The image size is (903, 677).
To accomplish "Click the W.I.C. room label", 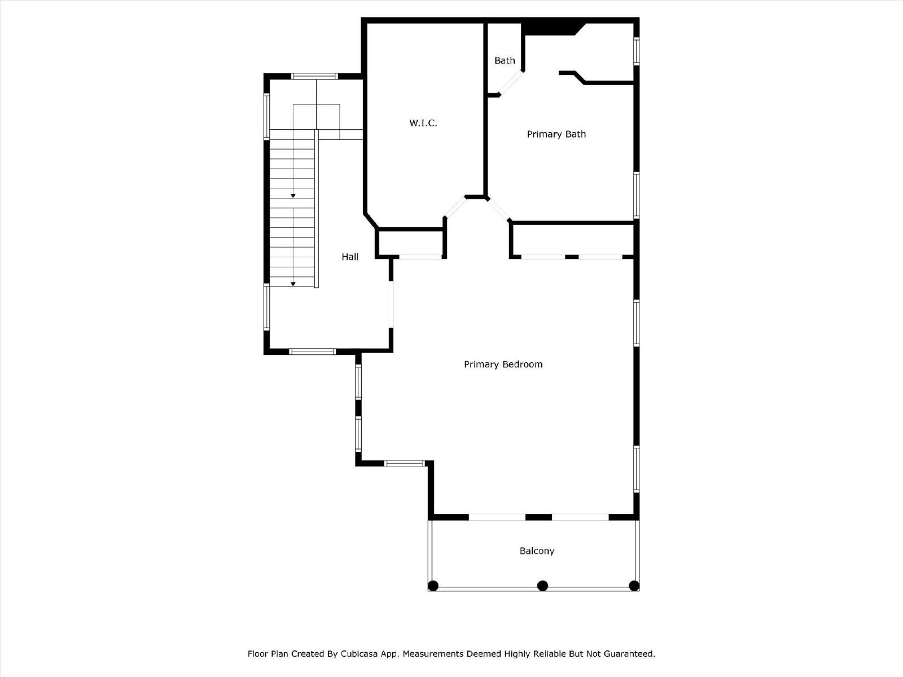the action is (x=423, y=123).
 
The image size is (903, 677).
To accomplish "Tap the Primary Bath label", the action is (x=556, y=134).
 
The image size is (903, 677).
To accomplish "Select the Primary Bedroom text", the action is (x=503, y=364).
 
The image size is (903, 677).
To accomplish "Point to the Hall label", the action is (x=350, y=257).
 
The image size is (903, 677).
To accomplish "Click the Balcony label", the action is (x=537, y=551).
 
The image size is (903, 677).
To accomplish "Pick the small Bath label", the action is (x=505, y=60).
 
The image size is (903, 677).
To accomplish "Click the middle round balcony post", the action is (x=542, y=586).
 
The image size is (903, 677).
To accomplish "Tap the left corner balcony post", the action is (x=433, y=586).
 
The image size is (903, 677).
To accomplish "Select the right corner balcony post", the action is (x=634, y=586).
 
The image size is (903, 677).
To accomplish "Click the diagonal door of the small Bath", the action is (x=511, y=83).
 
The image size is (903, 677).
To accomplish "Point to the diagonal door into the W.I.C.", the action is (x=454, y=207).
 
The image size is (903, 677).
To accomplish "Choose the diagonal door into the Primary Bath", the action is (x=498, y=210).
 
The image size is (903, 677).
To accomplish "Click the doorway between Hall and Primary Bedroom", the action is (x=391, y=304).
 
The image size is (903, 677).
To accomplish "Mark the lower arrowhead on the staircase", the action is (x=293, y=284).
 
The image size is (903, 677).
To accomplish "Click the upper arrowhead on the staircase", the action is (x=293, y=196).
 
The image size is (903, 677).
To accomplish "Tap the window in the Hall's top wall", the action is (x=315, y=76).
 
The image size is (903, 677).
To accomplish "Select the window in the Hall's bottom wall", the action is (x=312, y=351).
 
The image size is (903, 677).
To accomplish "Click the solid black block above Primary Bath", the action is (x=551, y=29).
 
